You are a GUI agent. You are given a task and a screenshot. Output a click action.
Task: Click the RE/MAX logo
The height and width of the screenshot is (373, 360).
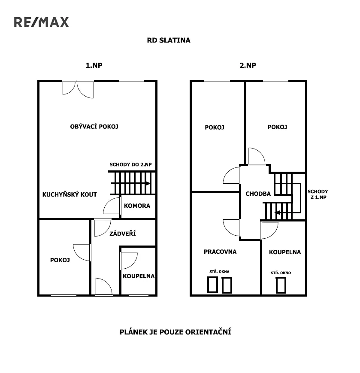tap(41, 22)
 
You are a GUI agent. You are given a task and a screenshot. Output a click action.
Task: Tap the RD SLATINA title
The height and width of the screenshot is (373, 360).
tap(169, 40)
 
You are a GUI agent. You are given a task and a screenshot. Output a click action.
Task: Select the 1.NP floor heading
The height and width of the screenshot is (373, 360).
tap(94, 65)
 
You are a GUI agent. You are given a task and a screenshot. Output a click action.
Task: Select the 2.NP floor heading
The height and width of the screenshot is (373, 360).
tap(248, 65)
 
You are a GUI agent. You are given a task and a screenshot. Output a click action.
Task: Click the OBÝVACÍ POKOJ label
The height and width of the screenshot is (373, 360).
tap(94, 126)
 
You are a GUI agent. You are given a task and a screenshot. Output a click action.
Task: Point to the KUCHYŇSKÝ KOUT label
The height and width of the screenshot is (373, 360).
tap(70, 194)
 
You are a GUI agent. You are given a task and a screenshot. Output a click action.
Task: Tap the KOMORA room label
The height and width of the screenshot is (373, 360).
tap(137, 206)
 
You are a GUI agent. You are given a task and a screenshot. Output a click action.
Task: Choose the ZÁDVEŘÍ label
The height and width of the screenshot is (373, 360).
tap(122, 234)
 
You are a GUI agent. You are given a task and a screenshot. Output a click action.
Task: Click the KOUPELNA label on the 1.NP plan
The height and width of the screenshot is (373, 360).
tap(139, 276)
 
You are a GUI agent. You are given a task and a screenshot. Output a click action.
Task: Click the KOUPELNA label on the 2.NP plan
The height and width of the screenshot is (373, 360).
tap(285, 252)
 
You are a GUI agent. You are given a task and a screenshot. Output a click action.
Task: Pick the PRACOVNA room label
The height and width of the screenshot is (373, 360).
tap(220, 252)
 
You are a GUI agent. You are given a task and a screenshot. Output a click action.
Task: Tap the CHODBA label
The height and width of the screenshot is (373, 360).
tap(258, 194)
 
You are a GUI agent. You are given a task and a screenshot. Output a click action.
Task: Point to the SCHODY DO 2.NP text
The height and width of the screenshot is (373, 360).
tap(130, 164)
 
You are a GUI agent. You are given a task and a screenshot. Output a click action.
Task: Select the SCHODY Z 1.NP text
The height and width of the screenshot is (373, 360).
tap(318, 194)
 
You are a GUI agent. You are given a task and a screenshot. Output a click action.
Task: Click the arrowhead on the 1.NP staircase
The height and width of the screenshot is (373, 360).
tap(148, 183)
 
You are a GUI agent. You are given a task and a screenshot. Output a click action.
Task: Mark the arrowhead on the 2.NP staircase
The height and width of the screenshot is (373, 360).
tap(277, 212)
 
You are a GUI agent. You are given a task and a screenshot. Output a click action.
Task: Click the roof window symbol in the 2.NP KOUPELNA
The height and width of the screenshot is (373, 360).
tap(281, 285)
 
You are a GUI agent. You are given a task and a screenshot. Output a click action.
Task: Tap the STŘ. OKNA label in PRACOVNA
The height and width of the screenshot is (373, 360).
tap(219, 271)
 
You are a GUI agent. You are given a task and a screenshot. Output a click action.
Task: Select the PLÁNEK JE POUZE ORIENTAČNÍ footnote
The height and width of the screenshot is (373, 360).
tap(175, 332)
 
